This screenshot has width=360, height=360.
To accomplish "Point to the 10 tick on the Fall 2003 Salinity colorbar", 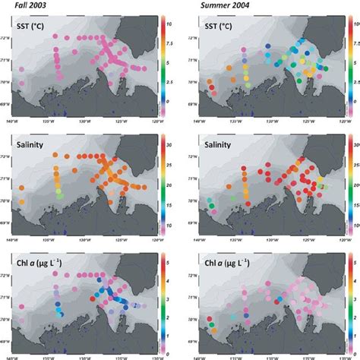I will point(171,226).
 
